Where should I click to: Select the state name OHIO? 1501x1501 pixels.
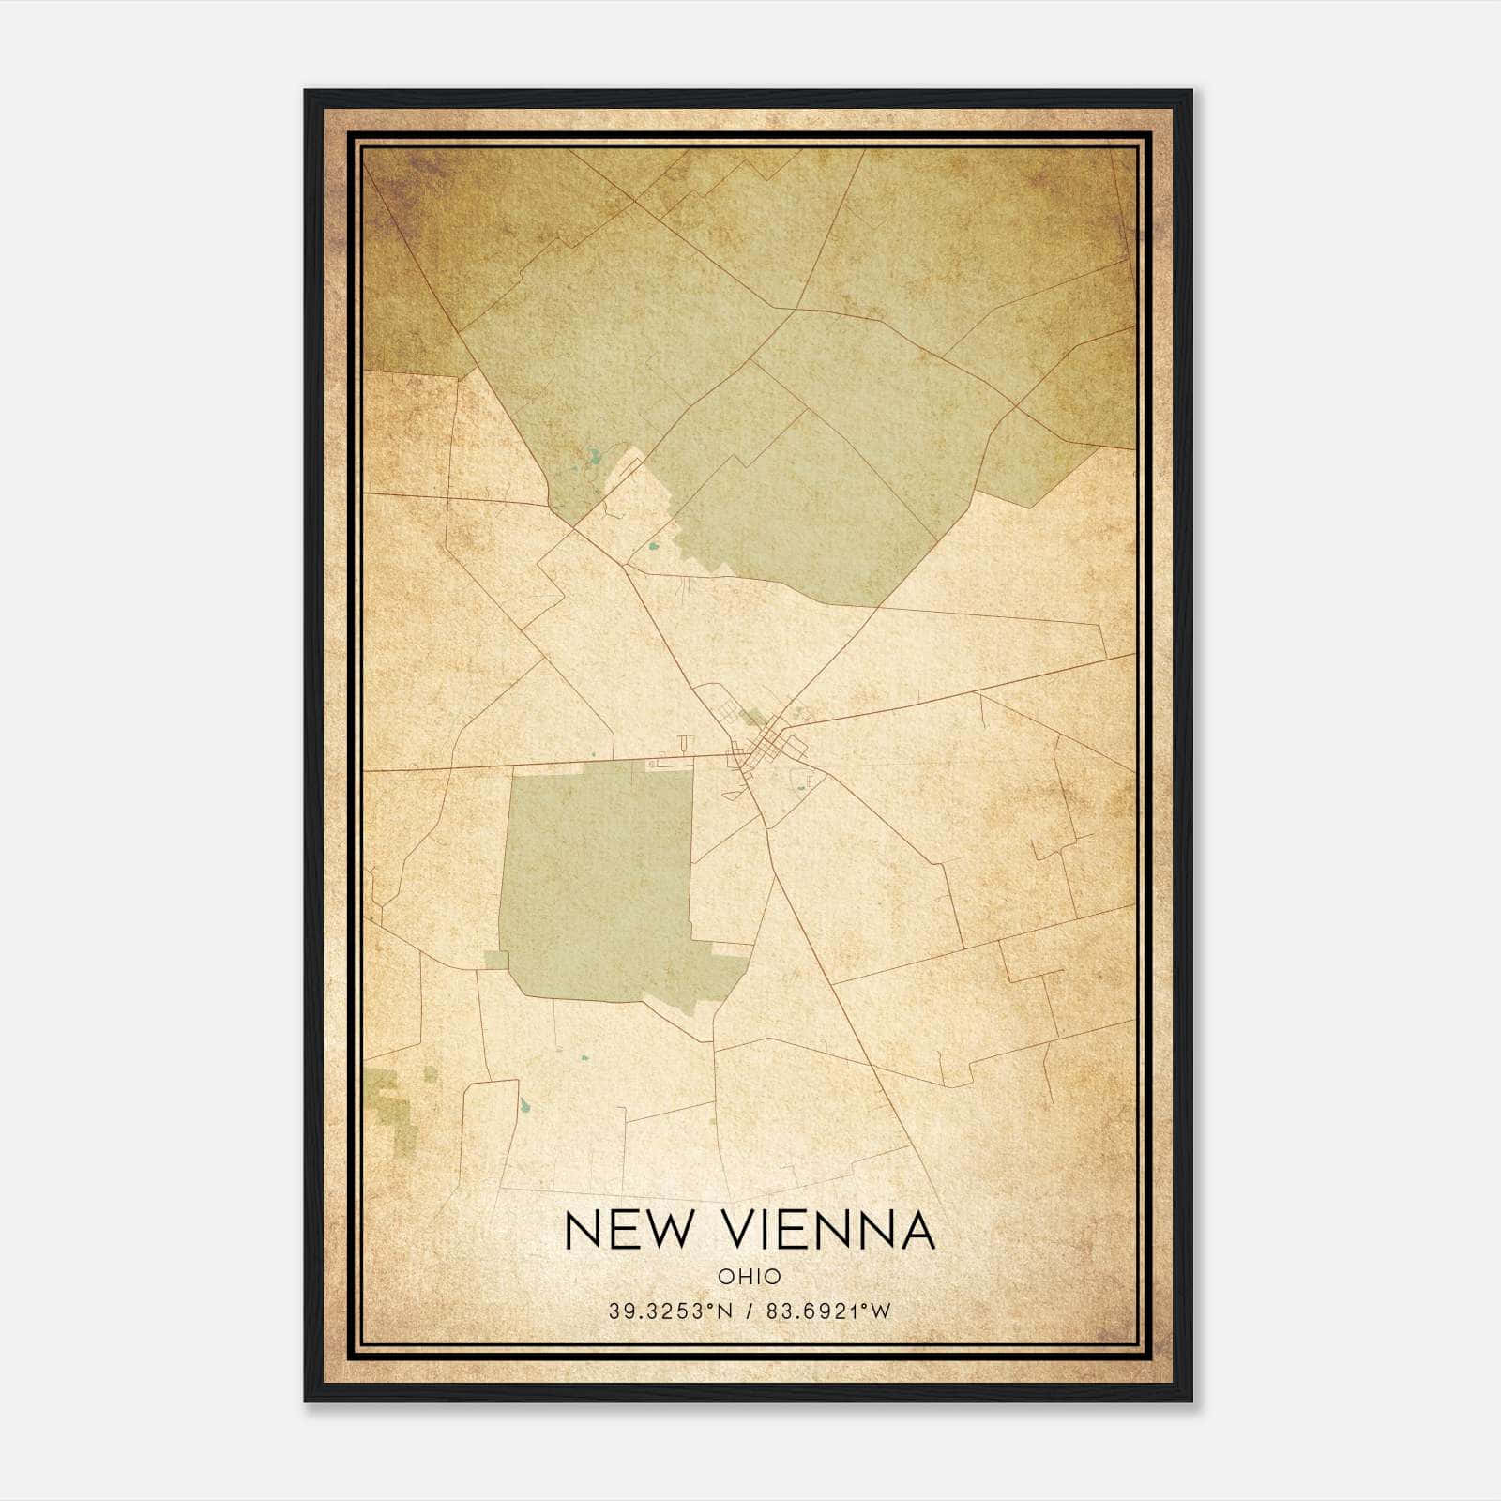750,1276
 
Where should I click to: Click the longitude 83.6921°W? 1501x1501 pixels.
827,1311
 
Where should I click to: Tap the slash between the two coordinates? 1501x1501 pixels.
749,1311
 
